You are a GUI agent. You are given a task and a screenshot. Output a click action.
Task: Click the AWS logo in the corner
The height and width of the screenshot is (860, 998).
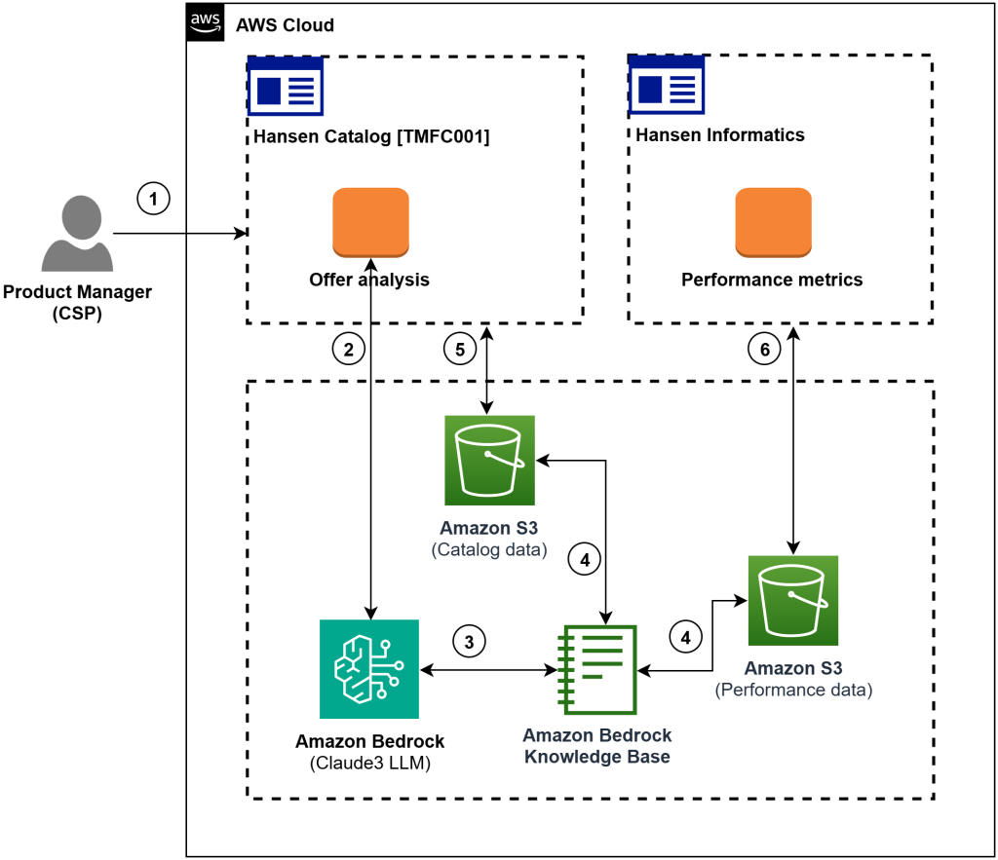click(x=204, y=22)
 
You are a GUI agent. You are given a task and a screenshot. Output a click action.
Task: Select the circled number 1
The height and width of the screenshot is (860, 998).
click(x=152, y=199)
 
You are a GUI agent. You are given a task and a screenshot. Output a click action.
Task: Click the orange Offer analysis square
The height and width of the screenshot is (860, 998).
click(x=370, y=223)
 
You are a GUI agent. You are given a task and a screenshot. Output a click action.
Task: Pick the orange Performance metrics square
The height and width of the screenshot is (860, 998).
click(x=773, y=223)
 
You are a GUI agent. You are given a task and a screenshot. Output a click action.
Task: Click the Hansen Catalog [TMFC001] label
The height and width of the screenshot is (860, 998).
click(x=370, y=136)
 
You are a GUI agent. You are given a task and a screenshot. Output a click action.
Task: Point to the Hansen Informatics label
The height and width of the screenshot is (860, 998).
click(x=720, y=135)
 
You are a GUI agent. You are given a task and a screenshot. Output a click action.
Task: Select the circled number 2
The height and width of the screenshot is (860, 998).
click(x=348, y=348)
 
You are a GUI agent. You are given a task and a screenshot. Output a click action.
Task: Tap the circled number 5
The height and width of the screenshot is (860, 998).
click(x=459, y=348)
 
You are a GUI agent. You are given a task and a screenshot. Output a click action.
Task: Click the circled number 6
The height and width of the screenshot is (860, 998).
click(x=763, y=348)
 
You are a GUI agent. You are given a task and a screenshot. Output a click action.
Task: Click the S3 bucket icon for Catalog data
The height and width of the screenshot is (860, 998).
click(x=489, y=460)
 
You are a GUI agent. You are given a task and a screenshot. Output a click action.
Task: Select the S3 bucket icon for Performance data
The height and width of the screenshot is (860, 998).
click(x=792, y=600)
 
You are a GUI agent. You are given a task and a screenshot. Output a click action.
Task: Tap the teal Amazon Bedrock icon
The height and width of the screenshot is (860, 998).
click(x=368, y=668)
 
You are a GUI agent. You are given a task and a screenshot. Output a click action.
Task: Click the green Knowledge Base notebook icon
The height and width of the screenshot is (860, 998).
click(x=596, y=669)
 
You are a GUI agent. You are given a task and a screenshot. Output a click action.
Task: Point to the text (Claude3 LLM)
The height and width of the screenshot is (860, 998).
click(x=369, y=764)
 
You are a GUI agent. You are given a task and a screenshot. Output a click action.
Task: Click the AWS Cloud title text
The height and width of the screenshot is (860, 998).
click(x=285, y=24)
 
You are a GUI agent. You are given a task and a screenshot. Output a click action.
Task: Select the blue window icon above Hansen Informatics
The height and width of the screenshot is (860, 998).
click(x=667, y=87)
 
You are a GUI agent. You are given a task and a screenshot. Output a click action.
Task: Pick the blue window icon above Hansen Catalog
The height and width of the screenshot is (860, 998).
click(x=286, y=87)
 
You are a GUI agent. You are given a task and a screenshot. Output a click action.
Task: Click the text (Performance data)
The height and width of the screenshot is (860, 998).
click(x=793, y=691)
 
